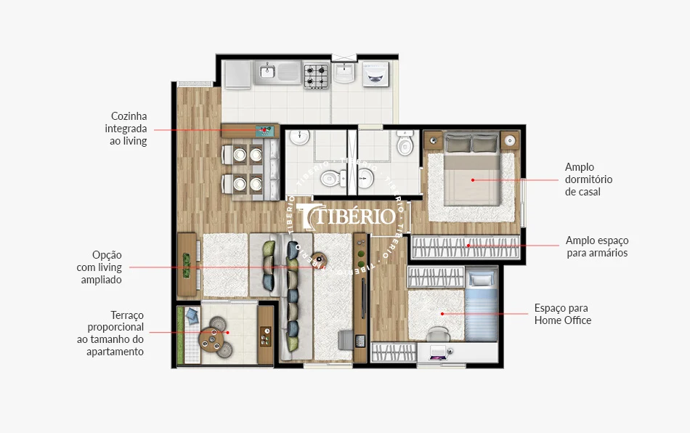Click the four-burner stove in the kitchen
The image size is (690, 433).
(317, 75)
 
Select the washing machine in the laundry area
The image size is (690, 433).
(376, 74)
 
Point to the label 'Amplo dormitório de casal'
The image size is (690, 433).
(588, 179)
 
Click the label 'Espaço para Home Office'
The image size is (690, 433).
(562, 314)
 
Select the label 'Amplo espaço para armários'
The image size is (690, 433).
(597, 246)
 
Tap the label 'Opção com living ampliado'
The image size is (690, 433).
(100, 267)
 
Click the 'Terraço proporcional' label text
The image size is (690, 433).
(115, 321)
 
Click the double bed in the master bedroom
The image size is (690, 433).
(471, 169)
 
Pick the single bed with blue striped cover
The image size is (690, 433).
(482, 305)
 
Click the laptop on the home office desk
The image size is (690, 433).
(438, 354)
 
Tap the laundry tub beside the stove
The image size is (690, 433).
(344, 72)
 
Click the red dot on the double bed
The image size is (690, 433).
(473, 180)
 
